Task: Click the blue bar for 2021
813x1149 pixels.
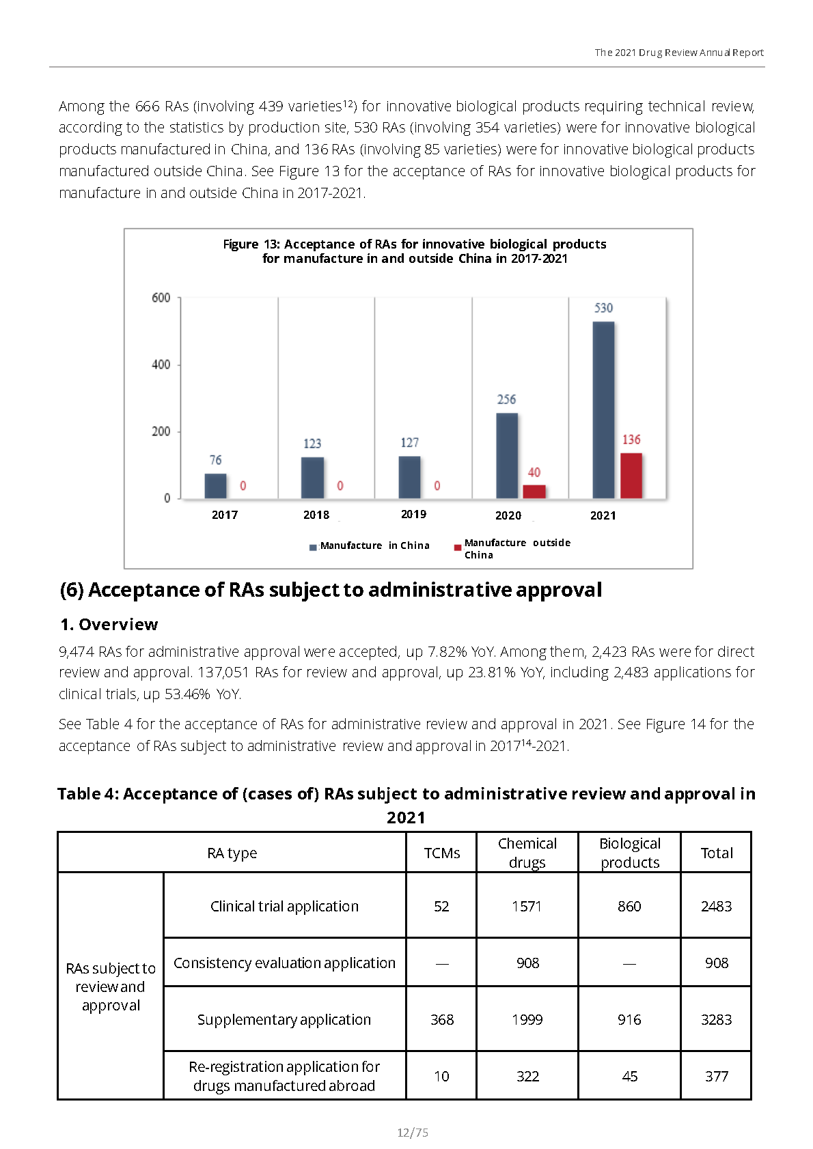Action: coord(603,410)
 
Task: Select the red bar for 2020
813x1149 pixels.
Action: coord(534,492)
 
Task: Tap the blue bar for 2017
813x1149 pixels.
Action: coord(216,486)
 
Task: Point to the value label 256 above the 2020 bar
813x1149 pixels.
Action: coord(506,399)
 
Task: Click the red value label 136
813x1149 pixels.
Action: coord(631,440)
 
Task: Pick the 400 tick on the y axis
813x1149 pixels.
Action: coord(161,365)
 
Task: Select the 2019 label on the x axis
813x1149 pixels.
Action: coord(414,514)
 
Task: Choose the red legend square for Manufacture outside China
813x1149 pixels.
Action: coord(457,548)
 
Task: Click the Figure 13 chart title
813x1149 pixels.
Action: coord(415,251)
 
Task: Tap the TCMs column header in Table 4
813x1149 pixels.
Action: coord(442,853)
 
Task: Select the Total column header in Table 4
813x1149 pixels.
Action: coord(717,853)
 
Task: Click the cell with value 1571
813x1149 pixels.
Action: coord(527,907)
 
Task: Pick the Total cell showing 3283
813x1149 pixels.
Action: coord(717,1019)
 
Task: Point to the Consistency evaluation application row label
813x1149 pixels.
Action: coord(284,963)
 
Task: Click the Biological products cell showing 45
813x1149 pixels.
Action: coord(630,1076)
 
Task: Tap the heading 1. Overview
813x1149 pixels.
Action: coord(109,624)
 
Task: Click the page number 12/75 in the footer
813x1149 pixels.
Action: coord(413,1132)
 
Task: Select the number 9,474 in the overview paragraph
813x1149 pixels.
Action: coord(77,652)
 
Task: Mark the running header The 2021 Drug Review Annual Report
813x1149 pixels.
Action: coord(679,53)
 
